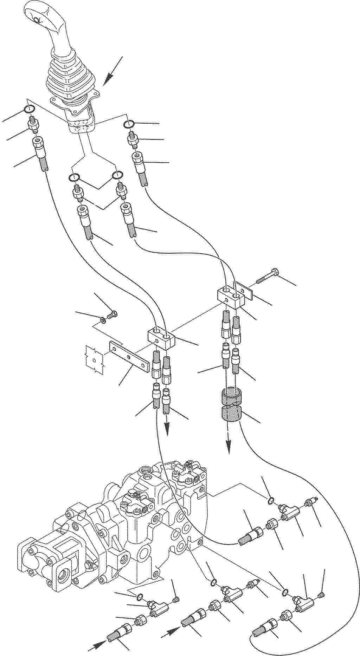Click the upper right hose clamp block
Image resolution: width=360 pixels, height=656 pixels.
coord(231,297)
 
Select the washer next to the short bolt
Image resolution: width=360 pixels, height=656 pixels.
coord(103,320)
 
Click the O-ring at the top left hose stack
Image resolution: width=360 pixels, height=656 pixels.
coord(30,109)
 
